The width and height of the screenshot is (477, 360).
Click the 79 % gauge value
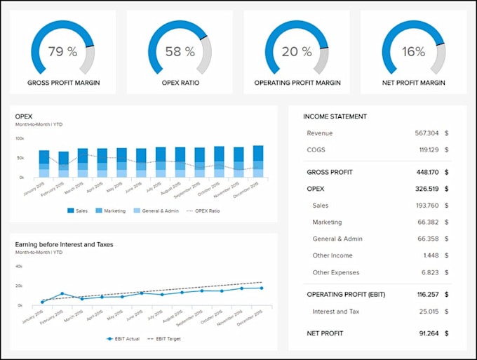tap(63, 52)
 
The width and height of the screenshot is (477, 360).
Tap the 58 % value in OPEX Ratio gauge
tap(180, 52)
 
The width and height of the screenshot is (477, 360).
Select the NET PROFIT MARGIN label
tap(414, 83)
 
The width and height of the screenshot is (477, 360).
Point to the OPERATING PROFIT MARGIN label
tap(297, 83)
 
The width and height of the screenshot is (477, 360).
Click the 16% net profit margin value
tap(414, 52)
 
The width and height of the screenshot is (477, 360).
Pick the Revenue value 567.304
tap(426, 133)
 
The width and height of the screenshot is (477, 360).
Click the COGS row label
tap(316, 149)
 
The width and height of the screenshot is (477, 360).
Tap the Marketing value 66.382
tap(426, 222)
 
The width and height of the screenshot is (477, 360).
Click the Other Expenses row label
tap(335, 272)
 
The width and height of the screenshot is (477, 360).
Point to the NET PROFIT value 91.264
tap(427, 333)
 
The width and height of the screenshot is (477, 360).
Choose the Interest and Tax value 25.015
tap(427, 311)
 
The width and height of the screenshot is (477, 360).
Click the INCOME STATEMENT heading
tap(335, 116)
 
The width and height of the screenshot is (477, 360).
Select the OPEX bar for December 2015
tap(258, 161)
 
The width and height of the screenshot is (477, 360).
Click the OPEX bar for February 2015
tap(64, 165)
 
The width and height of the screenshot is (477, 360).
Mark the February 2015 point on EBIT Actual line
tap(62, 293)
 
